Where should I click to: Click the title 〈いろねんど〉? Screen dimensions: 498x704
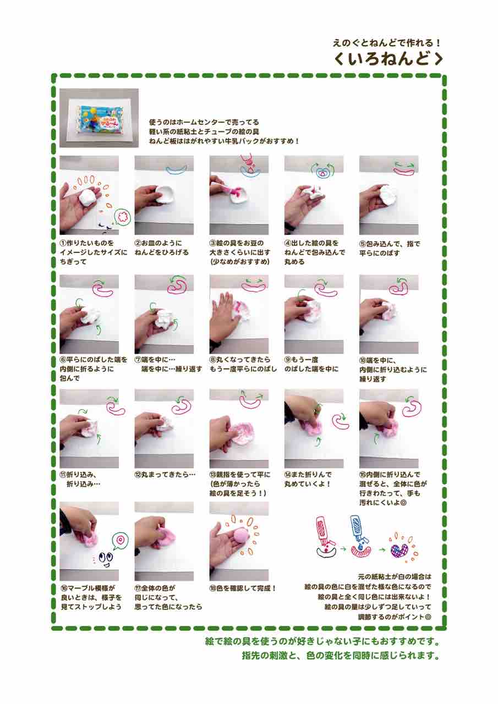point(388,59)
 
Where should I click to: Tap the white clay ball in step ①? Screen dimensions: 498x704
point(87,197)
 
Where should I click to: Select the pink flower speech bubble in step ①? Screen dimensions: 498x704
point(122,216)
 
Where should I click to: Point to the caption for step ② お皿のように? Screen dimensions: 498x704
point(161,248)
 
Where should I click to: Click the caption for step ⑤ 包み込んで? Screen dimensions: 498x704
point(390,248)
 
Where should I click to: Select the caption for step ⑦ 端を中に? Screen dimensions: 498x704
point(168,364)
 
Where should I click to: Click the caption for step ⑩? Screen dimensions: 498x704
point(393,370)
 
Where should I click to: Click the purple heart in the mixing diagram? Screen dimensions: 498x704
point(400,550)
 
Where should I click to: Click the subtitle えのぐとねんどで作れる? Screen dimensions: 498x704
point(387,43)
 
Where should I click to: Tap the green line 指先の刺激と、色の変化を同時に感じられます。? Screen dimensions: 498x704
point(341,656)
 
